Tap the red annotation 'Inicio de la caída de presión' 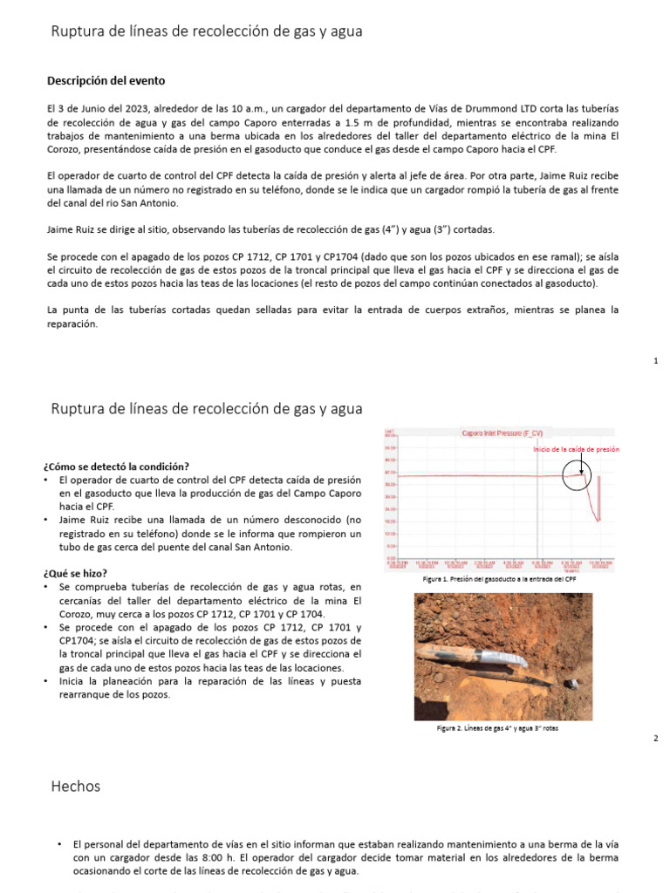[576, 448]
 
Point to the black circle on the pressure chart [575, 475]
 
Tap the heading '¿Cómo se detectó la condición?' [116, 466]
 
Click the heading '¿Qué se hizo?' [77, 573]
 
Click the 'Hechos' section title [76, 786]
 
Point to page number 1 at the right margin [655, 360]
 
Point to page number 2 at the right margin [655, 739]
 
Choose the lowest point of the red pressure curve [598, 521]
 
